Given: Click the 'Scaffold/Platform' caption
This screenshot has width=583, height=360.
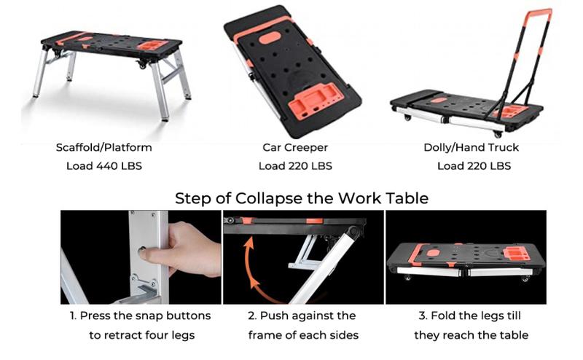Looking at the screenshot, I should (x=104, y=147).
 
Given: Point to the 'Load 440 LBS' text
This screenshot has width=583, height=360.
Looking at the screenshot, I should (x=104, y=165).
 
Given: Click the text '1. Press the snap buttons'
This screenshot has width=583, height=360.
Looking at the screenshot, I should (x=141, y=316).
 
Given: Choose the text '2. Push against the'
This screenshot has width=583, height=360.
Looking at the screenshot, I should (x=302, y=316).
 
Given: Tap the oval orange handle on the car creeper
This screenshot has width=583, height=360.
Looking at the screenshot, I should (x=271, y=36).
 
